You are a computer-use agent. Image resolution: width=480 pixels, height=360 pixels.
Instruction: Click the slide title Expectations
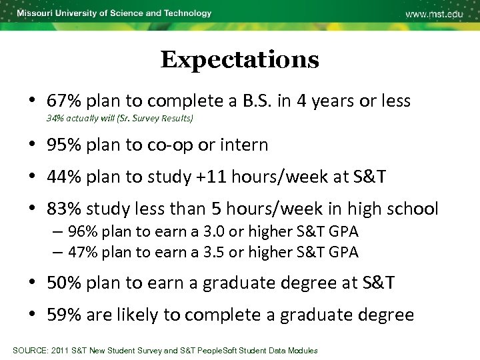(x=239, y=60)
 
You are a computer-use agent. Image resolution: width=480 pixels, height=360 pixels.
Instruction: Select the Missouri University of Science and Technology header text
(x=114, y=13)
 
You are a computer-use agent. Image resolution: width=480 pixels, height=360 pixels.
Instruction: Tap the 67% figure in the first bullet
(x=61, y=101)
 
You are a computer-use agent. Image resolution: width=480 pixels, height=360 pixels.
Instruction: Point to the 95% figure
(x=61, y=145)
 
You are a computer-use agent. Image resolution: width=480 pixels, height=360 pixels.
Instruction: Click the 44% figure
(x=61, y=177)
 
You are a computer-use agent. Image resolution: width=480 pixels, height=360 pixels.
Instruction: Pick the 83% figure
(x=61, y=209)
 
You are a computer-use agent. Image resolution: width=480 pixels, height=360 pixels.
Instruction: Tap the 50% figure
(x=61, y=283)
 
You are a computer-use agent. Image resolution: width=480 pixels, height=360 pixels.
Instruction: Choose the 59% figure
(x=61, y=315)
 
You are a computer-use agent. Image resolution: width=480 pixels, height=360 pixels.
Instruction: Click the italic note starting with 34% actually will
(x=120, y=119)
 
